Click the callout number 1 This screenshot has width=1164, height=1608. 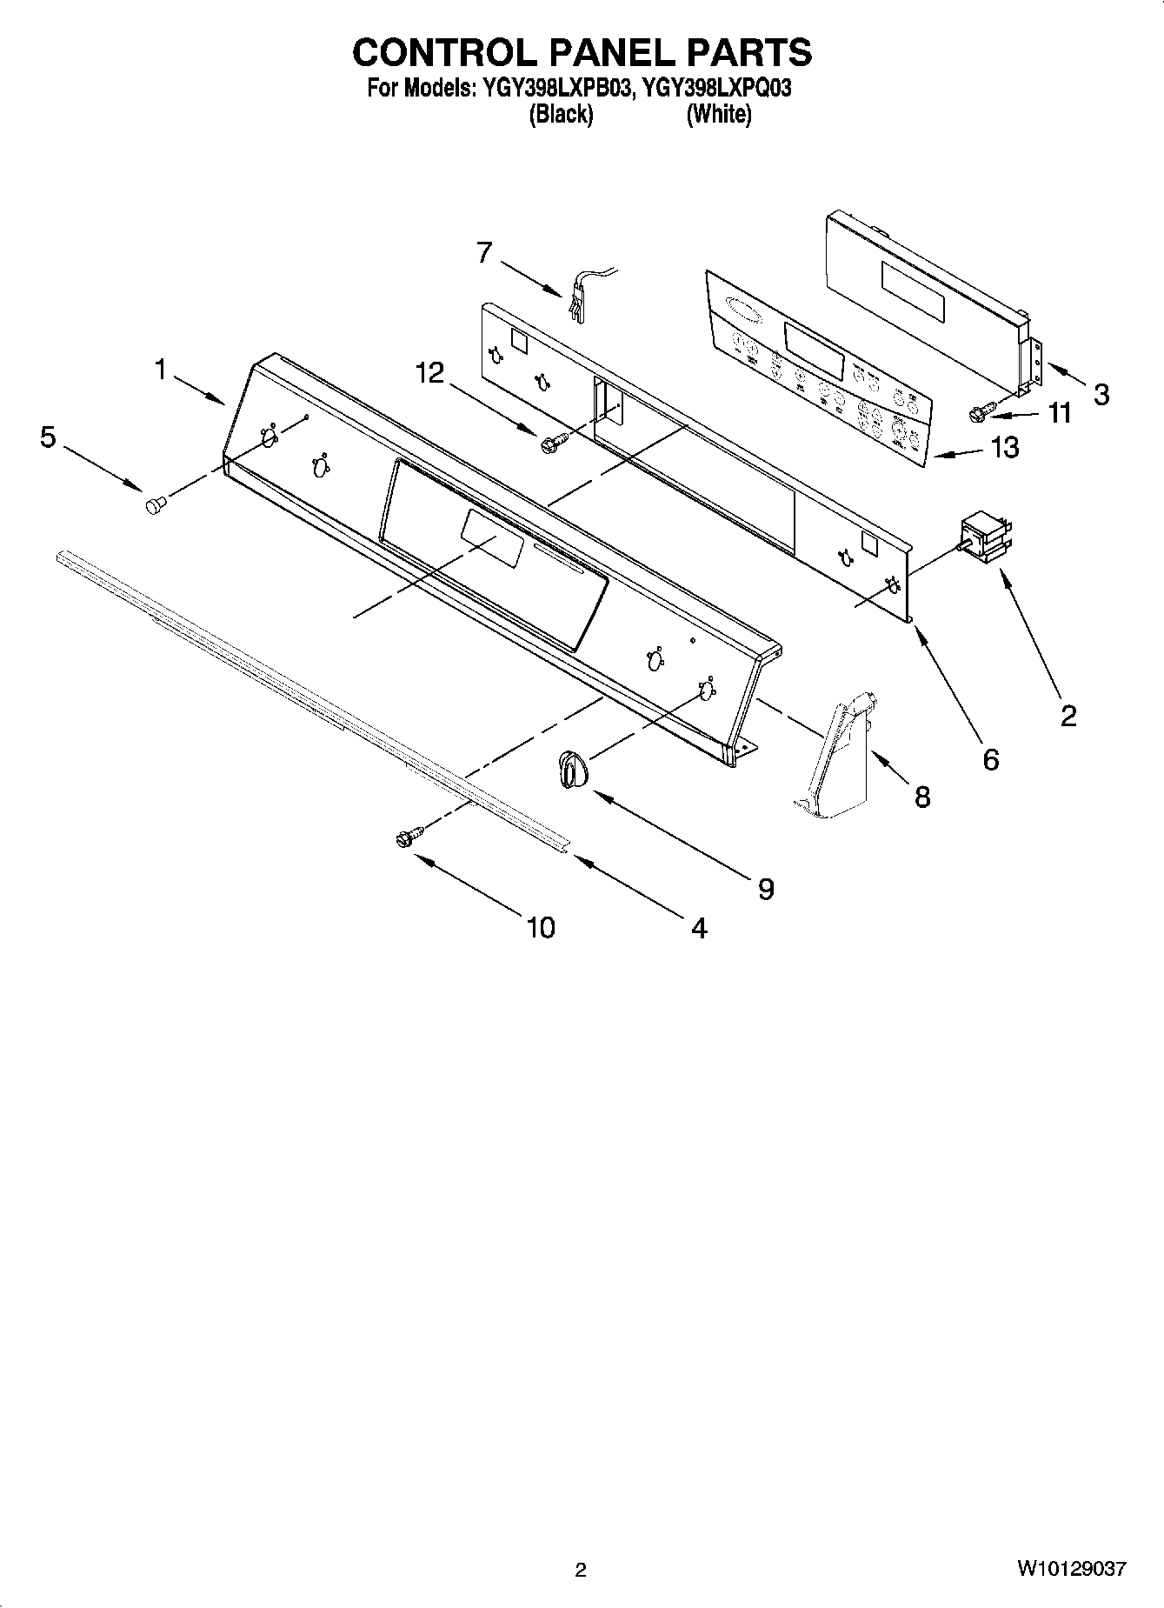[160, 370]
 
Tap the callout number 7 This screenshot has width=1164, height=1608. [484, 252]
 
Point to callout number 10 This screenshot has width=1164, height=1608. [540, 928]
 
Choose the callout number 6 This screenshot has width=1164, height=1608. [991, 759]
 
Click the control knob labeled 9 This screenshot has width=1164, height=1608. [571, 769]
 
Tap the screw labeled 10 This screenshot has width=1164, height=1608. [407, 837]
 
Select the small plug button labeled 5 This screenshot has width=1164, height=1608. [156, 504]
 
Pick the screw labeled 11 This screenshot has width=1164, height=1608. [978, 414]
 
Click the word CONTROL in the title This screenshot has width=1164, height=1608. [446, 53]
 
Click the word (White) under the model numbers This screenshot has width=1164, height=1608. [719, 114]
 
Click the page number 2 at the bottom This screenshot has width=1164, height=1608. [581, 1570]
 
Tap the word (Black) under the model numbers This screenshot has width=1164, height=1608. [561, 114]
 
